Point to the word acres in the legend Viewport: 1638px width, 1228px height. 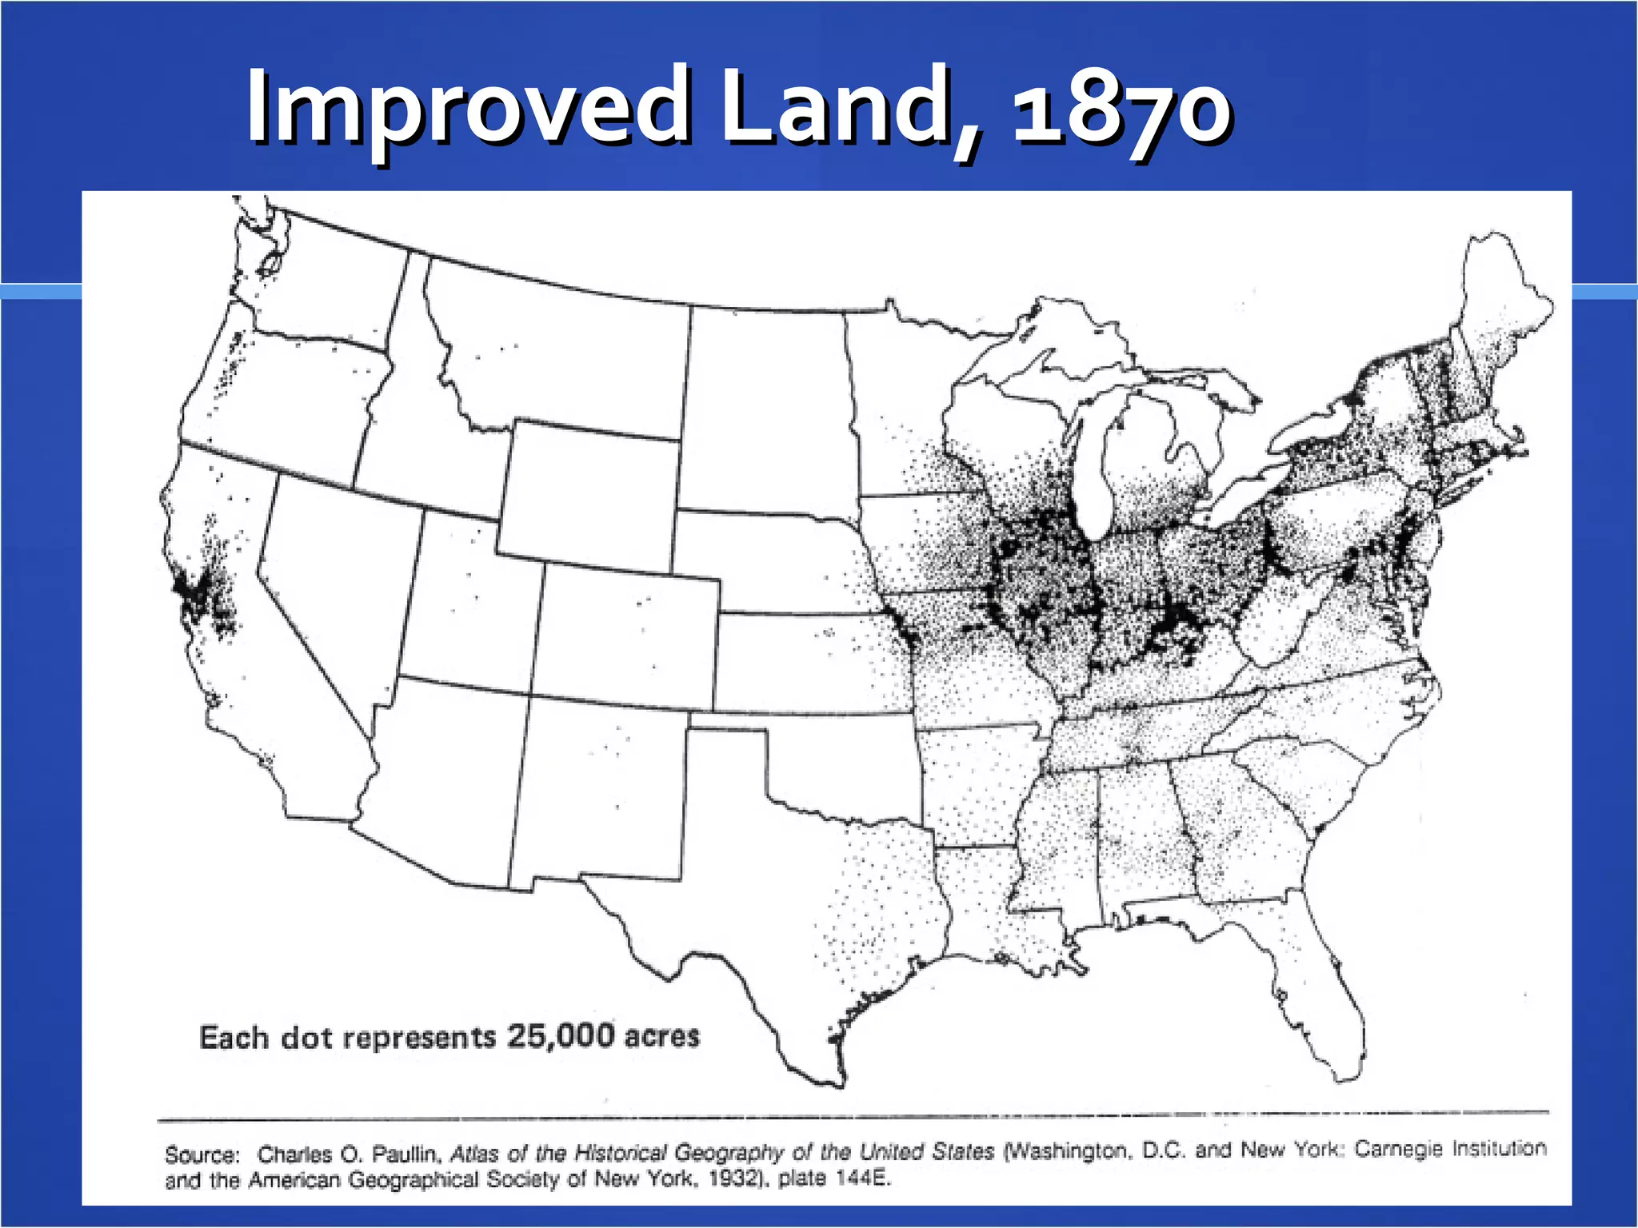coord(662,1036)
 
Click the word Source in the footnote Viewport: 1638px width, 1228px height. coord(202,1154)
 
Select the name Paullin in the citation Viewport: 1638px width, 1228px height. coord(406,1154)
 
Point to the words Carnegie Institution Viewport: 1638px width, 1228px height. coord(1450,1149)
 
